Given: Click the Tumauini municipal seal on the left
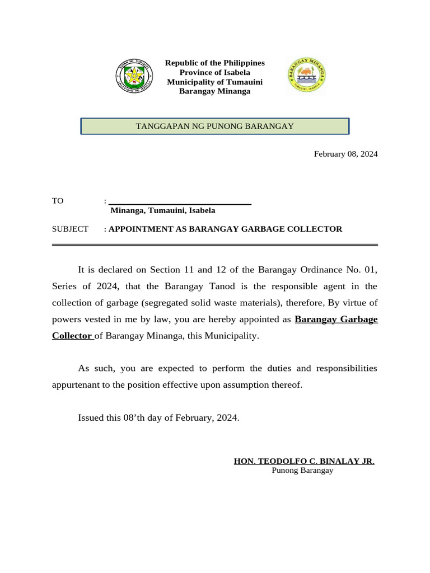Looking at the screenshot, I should pyautogui.click(x=134, y=77).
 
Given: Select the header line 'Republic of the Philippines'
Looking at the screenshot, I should pyautogui.click(x=214, y=63).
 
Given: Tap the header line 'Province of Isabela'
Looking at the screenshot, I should pyautogui.click(x=214, y=72).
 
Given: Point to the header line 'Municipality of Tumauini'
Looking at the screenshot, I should pyautogui.click(x=214, y=82).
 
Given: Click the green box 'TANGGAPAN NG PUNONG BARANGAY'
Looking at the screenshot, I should pyautogui.click(x=215, y=126).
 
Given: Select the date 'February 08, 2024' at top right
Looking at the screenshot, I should pyautogui.click(x=345, y=154).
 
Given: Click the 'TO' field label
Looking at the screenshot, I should pyautogui.click(x=58, y=201).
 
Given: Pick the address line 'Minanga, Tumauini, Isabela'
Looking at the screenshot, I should pyautogui.click(x=162, y=211).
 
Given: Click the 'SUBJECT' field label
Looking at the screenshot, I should pyautogui.click(x=70, y=229).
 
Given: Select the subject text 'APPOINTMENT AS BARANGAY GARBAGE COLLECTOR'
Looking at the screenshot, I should pyautogui.click(x=225, y=229).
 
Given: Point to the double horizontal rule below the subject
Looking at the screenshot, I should pyautogui.click(x=215, y=245).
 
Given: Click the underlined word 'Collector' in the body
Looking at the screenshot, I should pyautogui.click(x=72, y=336).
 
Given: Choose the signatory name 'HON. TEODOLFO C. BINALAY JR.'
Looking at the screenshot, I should pyautogui.click(x=304, y=461).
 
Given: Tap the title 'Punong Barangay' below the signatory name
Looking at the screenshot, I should pyautogui.click(x=302, y=471).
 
